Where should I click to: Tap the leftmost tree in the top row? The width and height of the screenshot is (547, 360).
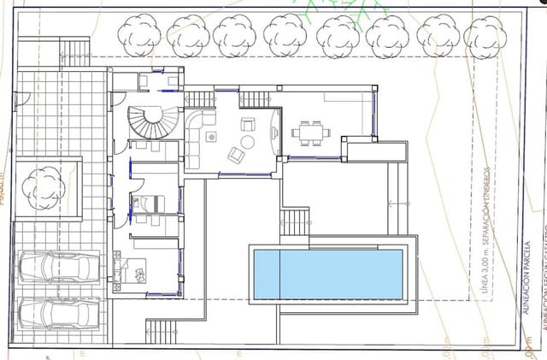(x=138, y=35)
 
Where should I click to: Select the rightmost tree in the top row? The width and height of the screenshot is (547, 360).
(x=485, y=35)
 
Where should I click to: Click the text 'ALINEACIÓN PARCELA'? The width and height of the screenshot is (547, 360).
(x=527, y=279)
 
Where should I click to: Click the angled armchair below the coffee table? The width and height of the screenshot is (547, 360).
(x=237, y=156)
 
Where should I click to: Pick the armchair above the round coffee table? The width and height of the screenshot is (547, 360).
(x=248, y=123)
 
